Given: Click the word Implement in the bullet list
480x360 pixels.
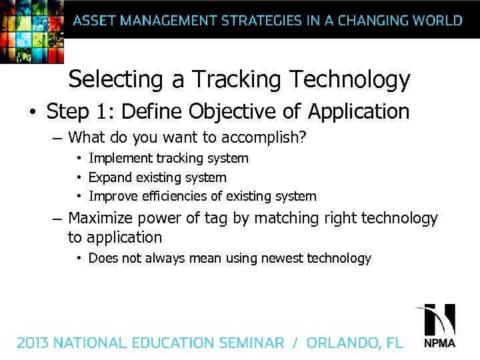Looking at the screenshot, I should tap(120, 159).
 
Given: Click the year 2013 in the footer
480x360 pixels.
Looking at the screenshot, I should tap(33, 343).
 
